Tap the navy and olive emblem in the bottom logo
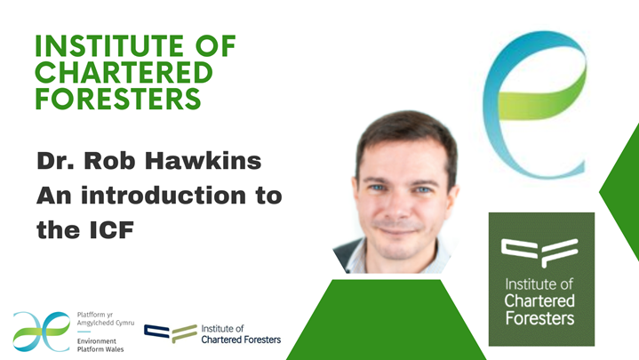pos(171,333)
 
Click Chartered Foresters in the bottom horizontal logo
pos(240,340)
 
